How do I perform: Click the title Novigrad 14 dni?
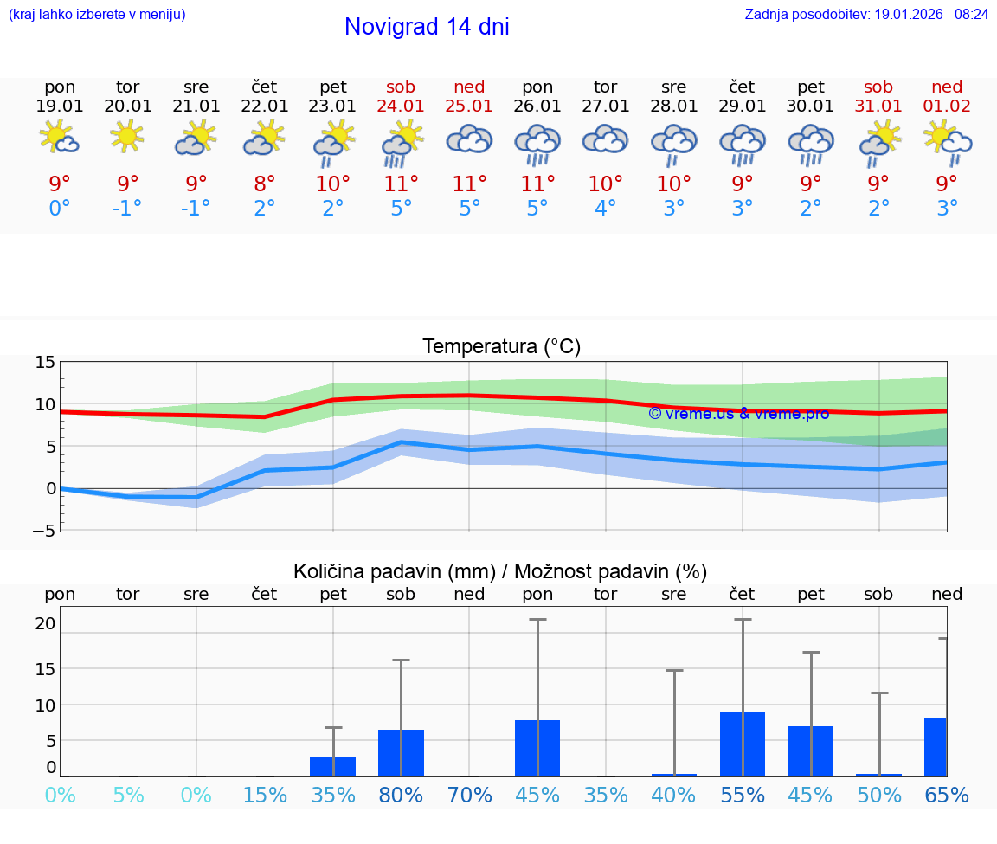427,27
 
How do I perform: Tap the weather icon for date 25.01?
469,140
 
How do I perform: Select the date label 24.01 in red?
401,106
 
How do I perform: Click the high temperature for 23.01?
333,184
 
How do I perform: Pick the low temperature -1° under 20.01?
127,209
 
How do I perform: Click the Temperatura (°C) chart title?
501,347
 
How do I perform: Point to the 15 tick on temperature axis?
45,363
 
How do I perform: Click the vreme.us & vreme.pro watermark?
738,414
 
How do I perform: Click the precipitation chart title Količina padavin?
500,571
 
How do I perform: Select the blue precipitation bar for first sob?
401,753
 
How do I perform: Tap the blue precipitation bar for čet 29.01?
743,744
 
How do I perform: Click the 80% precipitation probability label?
401,796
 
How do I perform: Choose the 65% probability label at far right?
947,796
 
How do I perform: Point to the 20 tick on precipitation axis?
46,623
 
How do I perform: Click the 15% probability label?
265,796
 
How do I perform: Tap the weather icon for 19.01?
60,139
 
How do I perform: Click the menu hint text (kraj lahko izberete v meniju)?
97,15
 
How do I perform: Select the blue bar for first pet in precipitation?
333,767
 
